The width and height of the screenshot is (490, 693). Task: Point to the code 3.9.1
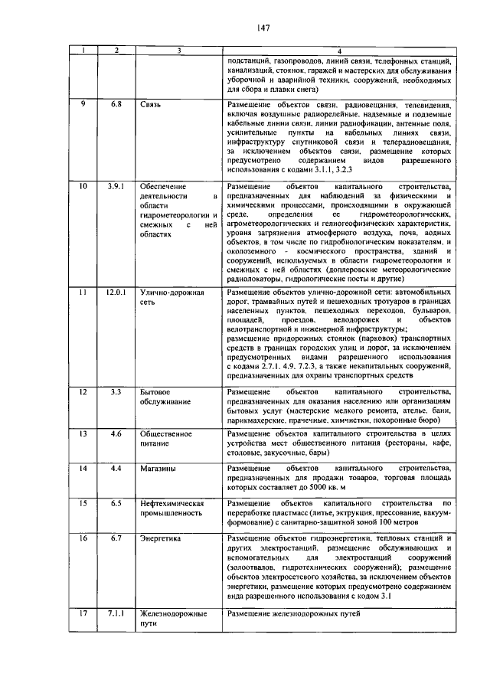116,186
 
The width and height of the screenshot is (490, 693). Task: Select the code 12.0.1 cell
116,293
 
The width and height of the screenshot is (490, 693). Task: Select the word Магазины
157,467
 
